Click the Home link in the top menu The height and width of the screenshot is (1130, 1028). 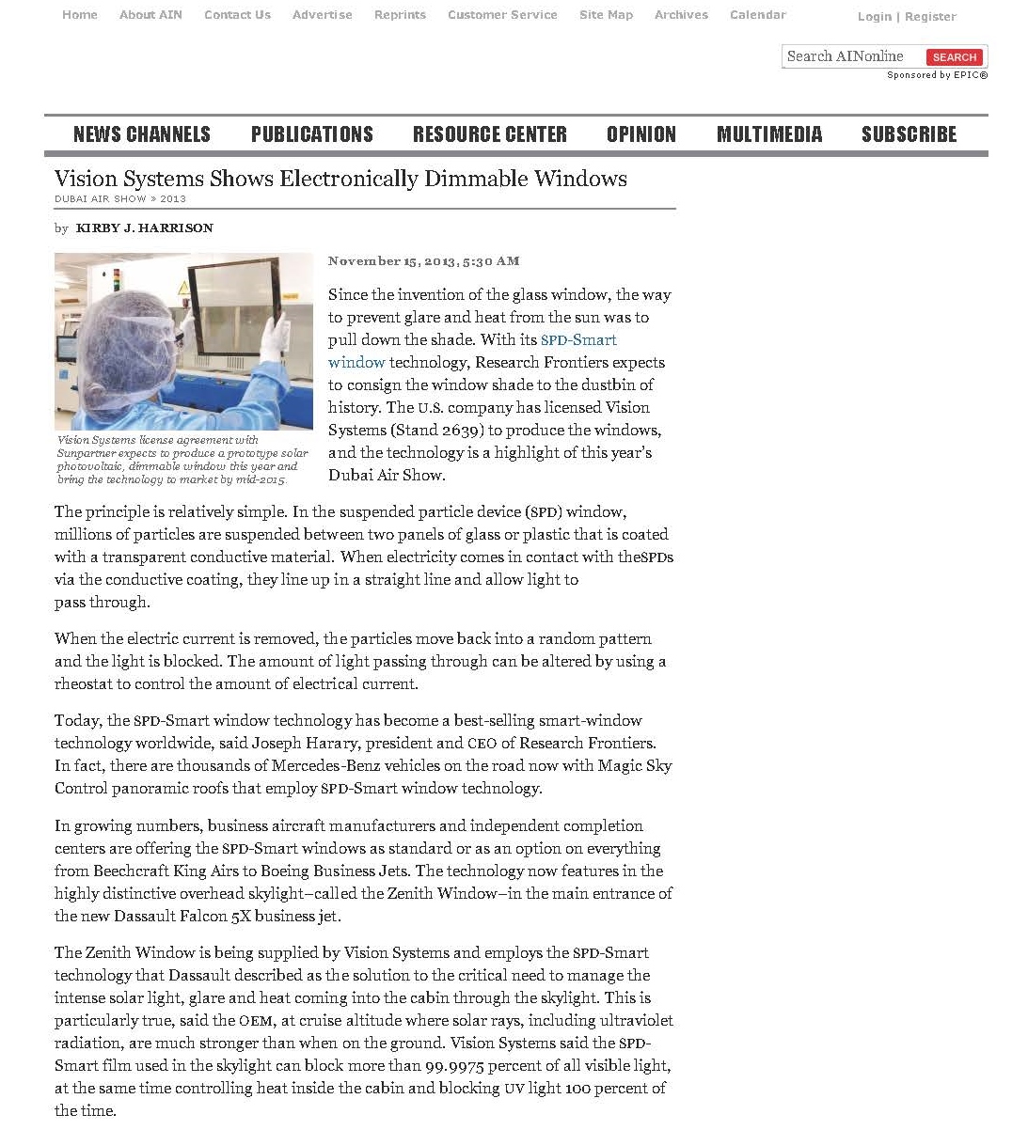coord(79,15)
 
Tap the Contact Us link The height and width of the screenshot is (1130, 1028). coord(237,15)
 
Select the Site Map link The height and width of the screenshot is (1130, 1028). coord(606,15)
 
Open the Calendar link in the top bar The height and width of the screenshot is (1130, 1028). coord(757,15)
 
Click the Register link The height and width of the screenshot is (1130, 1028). coord(930,17)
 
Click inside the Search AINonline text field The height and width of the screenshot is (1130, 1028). coord(851,56)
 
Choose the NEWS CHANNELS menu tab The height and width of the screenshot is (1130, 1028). coord(142,134)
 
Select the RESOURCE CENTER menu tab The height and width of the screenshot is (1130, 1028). coord(489,134)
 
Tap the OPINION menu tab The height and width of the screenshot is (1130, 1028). coord(641,134)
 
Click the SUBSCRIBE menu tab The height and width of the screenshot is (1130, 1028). coord(909,134)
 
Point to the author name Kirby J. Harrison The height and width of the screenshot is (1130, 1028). coord(144,228)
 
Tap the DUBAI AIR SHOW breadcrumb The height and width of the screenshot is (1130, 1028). coord(101,199)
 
